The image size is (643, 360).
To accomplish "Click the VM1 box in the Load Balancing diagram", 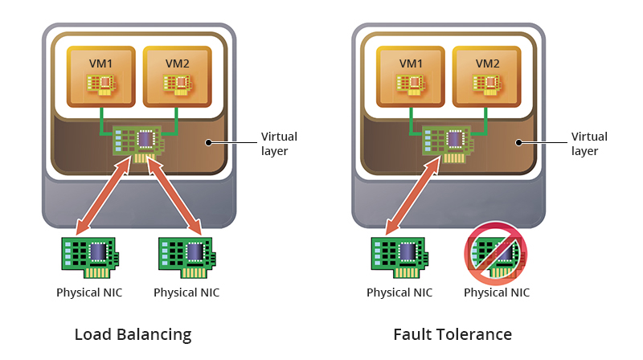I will coord(100,76).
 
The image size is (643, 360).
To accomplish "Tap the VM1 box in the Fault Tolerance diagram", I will coord(411,76).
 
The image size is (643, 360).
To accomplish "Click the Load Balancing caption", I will coord(133,334).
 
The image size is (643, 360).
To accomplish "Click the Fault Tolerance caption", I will coord(453,334).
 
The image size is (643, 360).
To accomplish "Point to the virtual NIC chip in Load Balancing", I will coord(138,142).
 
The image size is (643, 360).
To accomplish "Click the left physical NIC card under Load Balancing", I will coord(89,256).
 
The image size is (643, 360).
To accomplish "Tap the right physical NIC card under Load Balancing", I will coord(186,256).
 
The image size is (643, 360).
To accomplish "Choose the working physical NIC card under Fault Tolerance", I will coord(399,256).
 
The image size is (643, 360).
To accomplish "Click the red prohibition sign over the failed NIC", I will coord(497,253).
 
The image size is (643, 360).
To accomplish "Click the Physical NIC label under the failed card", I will coord(497,292).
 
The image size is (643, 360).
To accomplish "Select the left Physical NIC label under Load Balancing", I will coord(89,292).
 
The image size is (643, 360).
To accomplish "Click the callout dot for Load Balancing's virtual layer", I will coord(207,143).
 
